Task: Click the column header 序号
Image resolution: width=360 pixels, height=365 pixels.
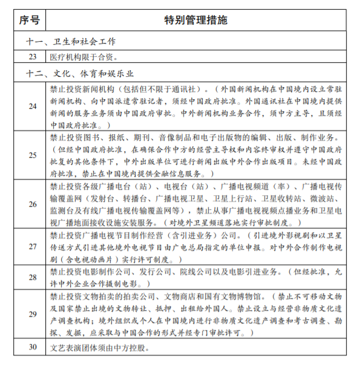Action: (x=29, y=20)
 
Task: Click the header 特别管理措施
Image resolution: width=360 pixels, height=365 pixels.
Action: (x=197, y=20)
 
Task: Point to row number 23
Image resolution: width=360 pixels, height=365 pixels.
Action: (x=33, y=58)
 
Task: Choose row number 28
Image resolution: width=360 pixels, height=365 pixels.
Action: (x=33, y=277)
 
